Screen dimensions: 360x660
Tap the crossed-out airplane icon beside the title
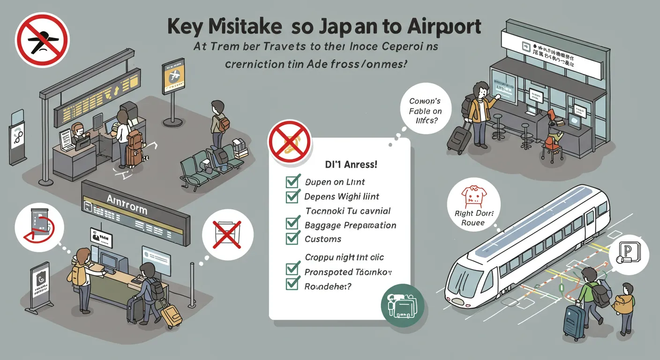point(42,39)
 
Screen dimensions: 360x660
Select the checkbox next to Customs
point(292,238)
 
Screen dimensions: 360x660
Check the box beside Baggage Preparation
point(292,225)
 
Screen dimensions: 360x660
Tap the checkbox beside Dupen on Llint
point(292,182)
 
